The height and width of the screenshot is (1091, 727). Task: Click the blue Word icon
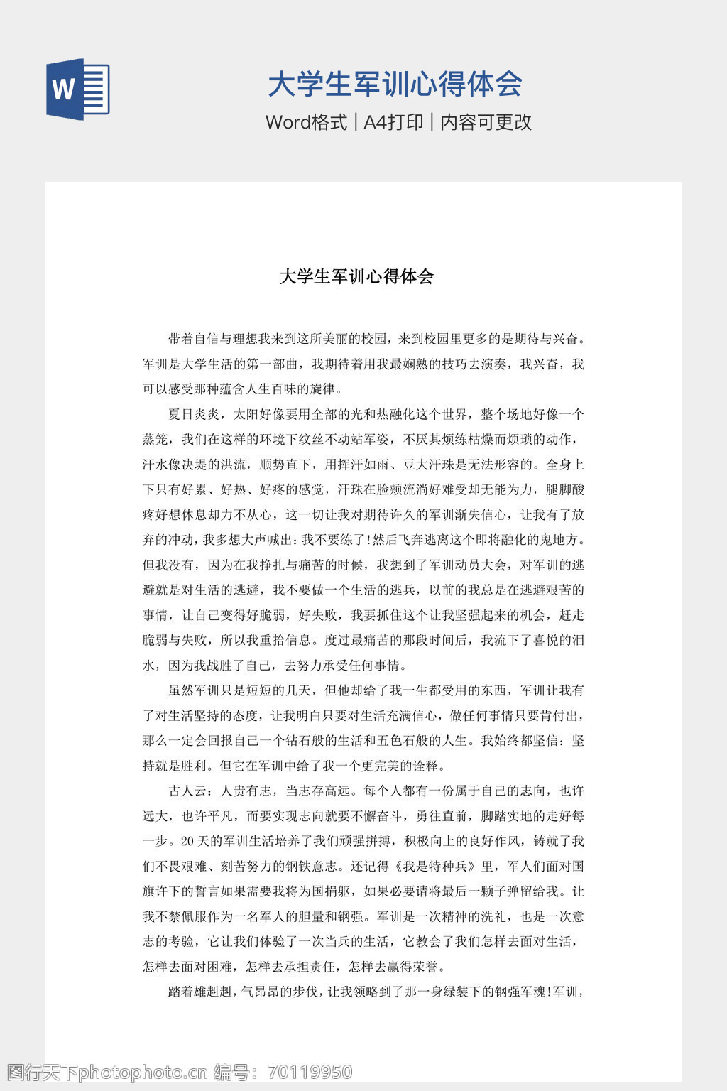click(78, 89)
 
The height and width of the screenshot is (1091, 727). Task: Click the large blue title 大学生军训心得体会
click(395, 84)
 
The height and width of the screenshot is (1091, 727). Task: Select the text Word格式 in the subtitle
click(306, 122)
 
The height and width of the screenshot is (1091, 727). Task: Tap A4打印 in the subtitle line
click(393, 122)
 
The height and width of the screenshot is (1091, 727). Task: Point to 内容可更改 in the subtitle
click(486, 122)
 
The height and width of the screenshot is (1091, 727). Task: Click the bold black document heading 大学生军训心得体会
click(356, 276)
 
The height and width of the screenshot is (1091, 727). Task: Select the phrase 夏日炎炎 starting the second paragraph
click(194, 415)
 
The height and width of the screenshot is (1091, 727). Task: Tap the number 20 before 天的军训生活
click(187, 842)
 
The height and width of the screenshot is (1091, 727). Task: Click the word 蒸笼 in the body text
click(155, 440)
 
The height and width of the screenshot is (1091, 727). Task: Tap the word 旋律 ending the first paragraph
click(324, 389)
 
